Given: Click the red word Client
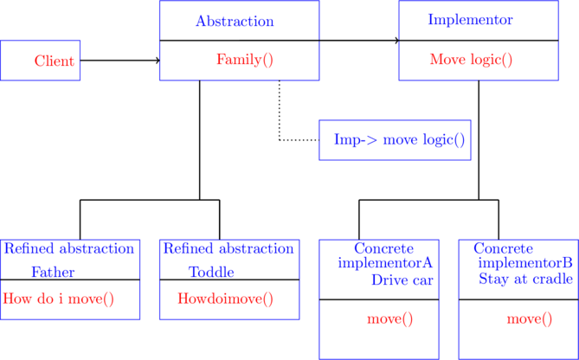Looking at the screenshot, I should tap(54, 61).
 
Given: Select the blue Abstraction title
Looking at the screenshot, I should tap(235, 21).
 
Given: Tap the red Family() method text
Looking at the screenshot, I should tap(244, 60).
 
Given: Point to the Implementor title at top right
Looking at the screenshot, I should tap(470, 19).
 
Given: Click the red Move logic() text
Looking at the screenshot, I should tap(471, 60).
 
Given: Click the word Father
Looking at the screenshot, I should tap(53, 272).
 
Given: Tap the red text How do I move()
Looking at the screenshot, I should tap(59, 299).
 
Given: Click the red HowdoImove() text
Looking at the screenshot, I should tap(225, 299).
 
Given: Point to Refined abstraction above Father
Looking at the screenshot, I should tap(68, 248).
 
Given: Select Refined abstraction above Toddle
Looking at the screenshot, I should tap(228, 248).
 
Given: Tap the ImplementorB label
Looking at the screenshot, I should tap(525, 261).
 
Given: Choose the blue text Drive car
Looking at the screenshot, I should tap(402, 280).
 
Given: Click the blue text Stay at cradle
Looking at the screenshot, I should tap(525, 279).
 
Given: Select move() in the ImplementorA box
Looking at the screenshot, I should tap(389, 318).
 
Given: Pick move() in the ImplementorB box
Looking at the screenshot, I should tap(529, 318).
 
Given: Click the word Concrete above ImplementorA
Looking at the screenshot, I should tap(383, 248).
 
